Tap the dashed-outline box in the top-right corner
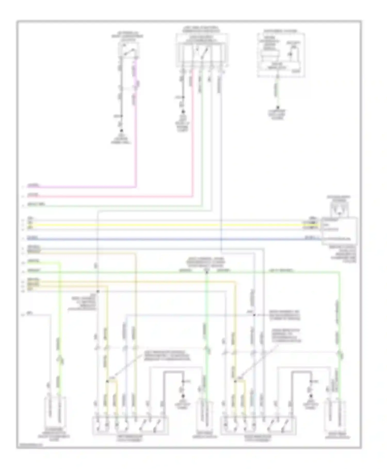pos(281,55)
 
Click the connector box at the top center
pos(202,50)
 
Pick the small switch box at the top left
pos(128,50)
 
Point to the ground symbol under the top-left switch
pos(121,131)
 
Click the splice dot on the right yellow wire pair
pos(235,381)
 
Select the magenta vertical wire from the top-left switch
pos(136,129)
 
